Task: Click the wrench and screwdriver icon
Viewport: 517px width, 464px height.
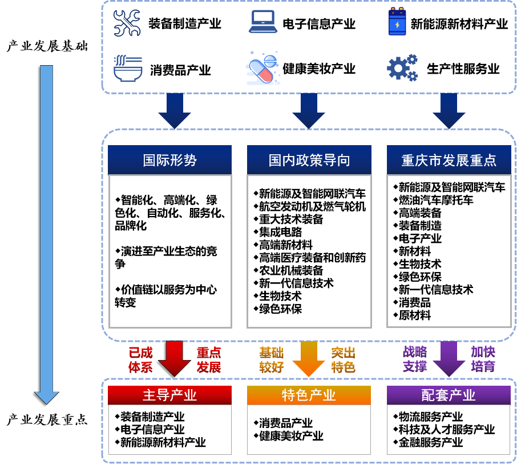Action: click(127, 23)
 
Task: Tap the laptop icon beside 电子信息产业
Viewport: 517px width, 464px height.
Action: click(262, 23)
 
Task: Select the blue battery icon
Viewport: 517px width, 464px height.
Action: click(395, 23)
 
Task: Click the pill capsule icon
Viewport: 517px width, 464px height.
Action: click(263, 68)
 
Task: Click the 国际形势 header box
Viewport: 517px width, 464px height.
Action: click(169, 160)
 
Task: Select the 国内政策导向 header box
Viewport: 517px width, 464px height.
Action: click(309, 160)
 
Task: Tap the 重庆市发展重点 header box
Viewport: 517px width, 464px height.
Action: click(449, 160)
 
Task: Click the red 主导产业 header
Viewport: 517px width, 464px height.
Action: click(169, 395)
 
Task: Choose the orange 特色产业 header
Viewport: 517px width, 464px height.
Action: click(309, 395)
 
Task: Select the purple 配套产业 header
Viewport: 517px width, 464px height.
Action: click(449, 395)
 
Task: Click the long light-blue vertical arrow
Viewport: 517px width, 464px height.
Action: click(46, 229)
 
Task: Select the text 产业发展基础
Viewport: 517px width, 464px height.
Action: click(47, 46)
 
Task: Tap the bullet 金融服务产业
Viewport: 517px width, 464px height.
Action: click(431, 442)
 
